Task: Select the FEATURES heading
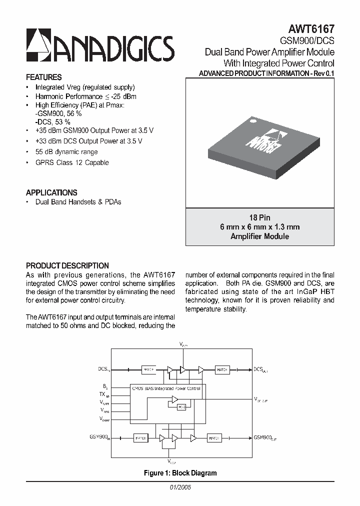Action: tap(44, 77)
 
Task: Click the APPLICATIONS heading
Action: tap(51, 192)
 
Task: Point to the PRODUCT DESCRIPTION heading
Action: tap(67, 266)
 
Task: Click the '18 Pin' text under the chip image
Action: tap(259, 218)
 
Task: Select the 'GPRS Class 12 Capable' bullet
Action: tap(72, 162)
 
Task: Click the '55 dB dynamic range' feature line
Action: tap(66, 151)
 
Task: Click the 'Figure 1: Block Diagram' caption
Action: tap(180, 472)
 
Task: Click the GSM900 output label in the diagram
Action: tap(264, 437)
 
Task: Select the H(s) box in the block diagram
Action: tap(182, 407)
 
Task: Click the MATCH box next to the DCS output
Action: tap(221, 369)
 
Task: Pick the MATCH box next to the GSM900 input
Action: tap(140, 438)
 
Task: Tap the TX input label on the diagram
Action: tap(103, 394)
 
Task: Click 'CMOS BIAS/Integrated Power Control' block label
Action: tap(165, 388)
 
